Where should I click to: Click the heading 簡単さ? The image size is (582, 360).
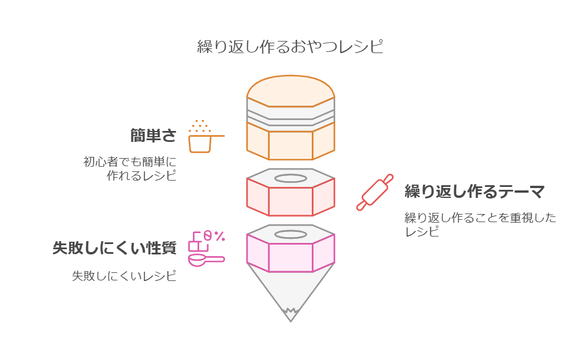(152, 136)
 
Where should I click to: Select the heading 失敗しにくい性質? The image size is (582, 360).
(114, 248)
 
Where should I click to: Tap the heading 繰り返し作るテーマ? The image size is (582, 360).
(474, 192)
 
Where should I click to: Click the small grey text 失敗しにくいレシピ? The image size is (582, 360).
(124, 276)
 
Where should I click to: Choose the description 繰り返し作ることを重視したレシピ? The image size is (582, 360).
(480, 224)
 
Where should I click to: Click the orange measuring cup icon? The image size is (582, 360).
(200, 142)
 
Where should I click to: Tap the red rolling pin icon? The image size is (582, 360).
(375, 192)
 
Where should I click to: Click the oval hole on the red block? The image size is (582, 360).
(290, 178)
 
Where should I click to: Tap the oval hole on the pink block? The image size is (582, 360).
(290, 234)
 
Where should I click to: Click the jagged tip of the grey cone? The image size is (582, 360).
(290, 314)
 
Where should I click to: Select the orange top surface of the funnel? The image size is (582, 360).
(290, 91)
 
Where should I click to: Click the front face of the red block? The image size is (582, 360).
(290, 201)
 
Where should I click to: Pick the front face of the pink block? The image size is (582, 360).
(290, 258)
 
